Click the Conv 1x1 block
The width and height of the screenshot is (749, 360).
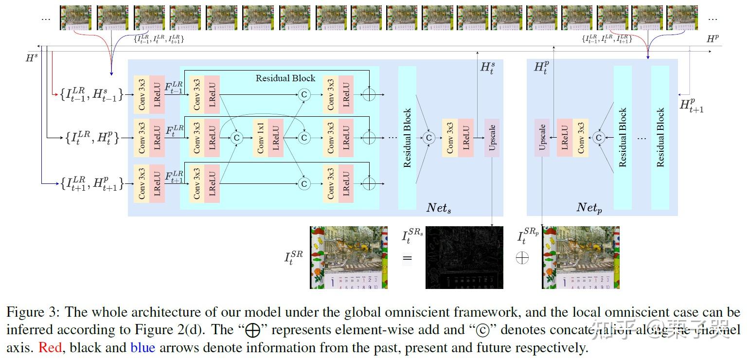coord(261,138)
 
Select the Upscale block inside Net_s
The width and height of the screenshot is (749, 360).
coord(492,138)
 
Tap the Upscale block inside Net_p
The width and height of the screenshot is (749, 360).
coord(542,138)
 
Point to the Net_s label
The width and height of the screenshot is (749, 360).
coord(439,208)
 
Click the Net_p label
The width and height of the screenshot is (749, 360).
coord(589,208)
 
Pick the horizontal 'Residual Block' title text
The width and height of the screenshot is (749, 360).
coord(285,78)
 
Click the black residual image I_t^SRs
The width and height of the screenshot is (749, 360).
coord(464,257)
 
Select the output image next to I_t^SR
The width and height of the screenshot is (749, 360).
coord(349,257)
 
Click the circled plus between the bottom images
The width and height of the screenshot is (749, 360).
coord(522,257)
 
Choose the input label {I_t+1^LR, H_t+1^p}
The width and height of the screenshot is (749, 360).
coord(91,183)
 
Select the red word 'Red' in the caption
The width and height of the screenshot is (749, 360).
coord(50,348)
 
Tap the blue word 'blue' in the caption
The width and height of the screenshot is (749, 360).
coord(143,348)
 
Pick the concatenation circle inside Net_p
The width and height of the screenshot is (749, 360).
coord(599,138)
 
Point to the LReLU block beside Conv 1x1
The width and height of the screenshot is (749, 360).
coord(275,138)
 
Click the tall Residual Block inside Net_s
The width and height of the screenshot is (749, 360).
coord(407,138)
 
